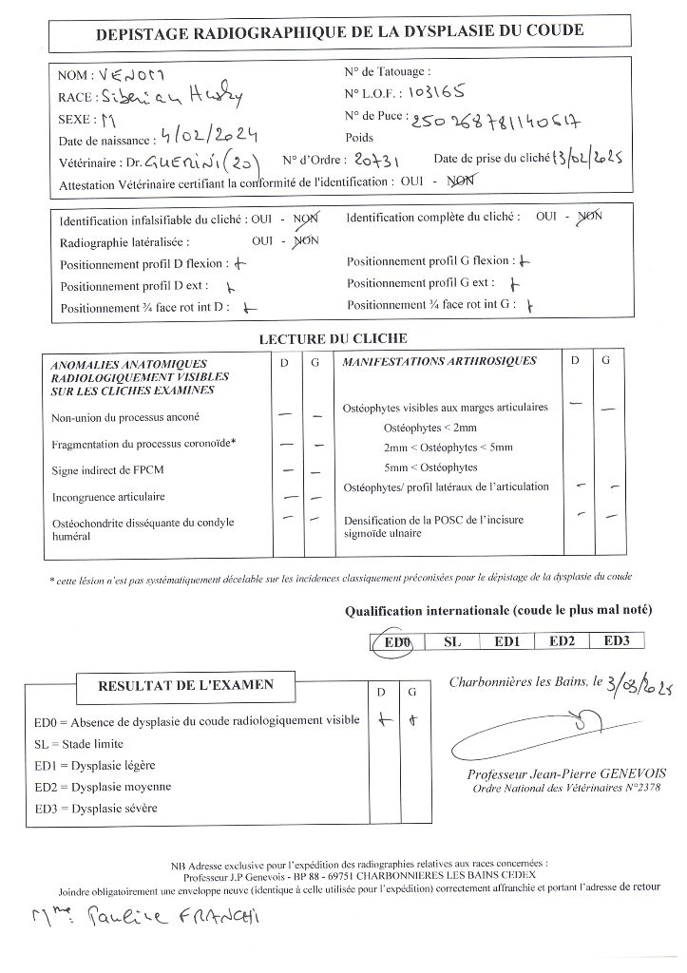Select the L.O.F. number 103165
coord(438,94)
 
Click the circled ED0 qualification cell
coord(396,641)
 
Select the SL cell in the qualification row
coord(451,641)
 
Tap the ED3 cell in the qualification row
coord(617,641)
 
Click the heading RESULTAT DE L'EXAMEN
coord(185,684)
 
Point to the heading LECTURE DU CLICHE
coord(333,338)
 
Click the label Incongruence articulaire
coord(108,497)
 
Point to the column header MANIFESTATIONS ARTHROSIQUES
coord(439,361)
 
